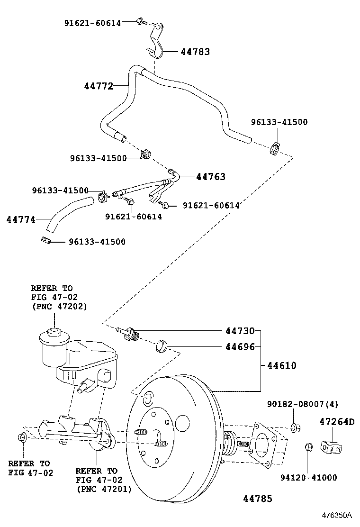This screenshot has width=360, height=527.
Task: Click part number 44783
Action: tap(195, 52)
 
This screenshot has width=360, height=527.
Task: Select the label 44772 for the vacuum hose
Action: tap(99, 86)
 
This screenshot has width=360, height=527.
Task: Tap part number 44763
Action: tap(210, 177)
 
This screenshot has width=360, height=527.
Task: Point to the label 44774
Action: tap(21, 219)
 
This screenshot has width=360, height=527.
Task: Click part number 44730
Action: tap(239, 331)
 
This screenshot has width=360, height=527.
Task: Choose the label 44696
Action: tap(239, 347)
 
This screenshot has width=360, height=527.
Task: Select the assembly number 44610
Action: tap(281, 365)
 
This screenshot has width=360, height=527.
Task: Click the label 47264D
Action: tap(337, 421)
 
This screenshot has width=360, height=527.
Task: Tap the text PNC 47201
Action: tap(103, 489)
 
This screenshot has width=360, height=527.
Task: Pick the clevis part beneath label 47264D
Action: tap(332, 446)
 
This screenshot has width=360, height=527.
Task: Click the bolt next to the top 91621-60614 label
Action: tap(140, 21)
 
